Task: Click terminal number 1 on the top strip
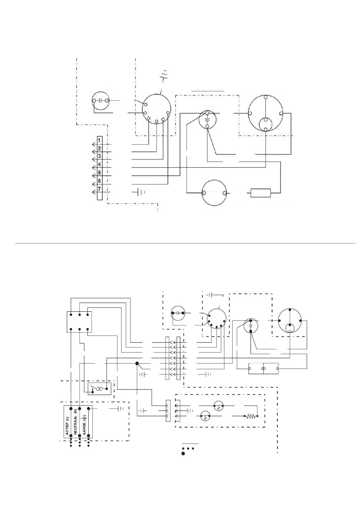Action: pyautogui.click(x=99, y=140)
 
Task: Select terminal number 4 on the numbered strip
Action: pyautogui.click(x=99, y=165)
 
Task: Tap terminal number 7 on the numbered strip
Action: pyautogui.click(x=99, y=189)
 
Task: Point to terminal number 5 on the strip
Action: pyautogui.click(x=99, y=173)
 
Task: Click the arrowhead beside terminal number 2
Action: pyautogui.click(x=94, y=152)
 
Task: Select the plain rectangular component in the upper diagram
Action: pyautogui.click(x=260, y=193)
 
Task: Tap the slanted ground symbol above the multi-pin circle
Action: pyautogui.click(x=163, y=75)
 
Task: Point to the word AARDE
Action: pyautogui.click(x=84, y=429)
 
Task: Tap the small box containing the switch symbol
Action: pyautogui.click(x=99, y=389)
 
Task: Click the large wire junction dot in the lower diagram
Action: pyautogui.click(x=137, y=364)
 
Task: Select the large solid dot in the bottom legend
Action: pyautogui.click(x=183, y=453)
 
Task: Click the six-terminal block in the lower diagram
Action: pyautogui.click(x=79, y=322)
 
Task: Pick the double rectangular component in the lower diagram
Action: pyautogui.click(x=263, y=368)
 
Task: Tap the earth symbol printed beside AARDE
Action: pyautogui.click(x=85, y=418)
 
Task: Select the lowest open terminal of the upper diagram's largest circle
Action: pyautogui.click(x=266, y=130)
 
